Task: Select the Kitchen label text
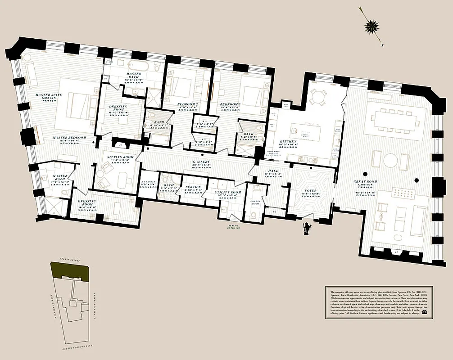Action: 288,141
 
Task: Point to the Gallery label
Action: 201,162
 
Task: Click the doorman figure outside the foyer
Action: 307,228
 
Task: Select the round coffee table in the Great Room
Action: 391,160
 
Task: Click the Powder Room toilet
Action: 253,215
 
